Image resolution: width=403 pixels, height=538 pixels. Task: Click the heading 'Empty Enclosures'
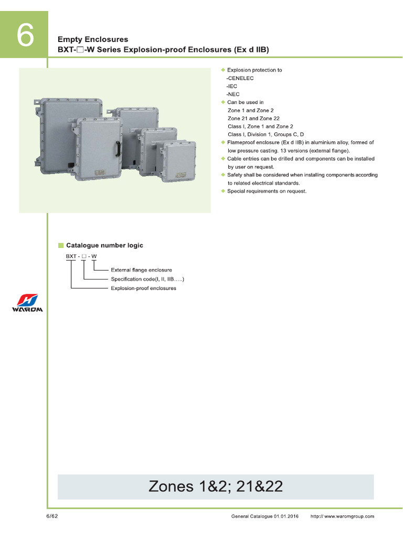(x=92, y=39)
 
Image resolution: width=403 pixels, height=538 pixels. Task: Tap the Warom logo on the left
(x=27, y=303)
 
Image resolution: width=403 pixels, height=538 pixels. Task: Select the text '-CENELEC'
(x=240, y=78)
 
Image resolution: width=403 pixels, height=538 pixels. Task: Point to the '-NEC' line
(x=234, y=94)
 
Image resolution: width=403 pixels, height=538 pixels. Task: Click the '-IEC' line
(x=233, y=86)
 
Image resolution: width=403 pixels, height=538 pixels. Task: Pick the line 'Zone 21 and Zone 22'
(x=253, y=118)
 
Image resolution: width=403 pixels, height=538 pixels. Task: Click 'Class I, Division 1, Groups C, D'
(x=266, y=134)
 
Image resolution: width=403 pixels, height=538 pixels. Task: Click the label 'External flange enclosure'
(x=141, y=270)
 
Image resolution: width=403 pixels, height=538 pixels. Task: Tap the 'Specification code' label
(x=147, y=279)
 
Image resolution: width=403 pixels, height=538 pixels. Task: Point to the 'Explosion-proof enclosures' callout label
(x=143, y=288)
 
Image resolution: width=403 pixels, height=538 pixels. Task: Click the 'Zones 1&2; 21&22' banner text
(x=216, y=487)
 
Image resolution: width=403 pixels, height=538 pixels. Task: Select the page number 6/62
(x=52, y=516)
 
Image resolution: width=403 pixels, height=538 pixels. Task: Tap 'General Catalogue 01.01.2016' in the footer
(x=264, y=516)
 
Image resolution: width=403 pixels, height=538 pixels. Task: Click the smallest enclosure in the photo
(x=178, y=161)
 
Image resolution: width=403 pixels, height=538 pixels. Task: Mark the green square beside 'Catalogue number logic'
(x=60, y=245)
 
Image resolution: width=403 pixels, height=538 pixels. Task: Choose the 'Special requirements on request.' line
(x=267, y=191)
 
